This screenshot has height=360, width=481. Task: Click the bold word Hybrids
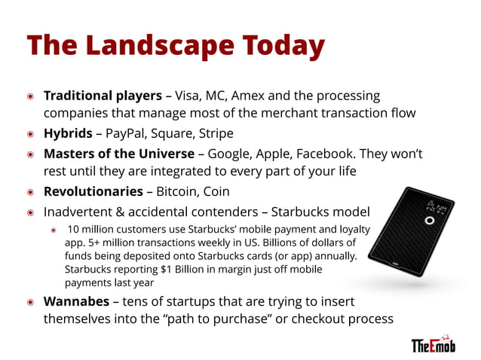(x=68, y=133)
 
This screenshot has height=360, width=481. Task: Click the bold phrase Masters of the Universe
(x=119, y=153)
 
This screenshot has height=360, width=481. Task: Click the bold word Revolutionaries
(x=91, y=191)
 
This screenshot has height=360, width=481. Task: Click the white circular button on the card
(x=429, y=221)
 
